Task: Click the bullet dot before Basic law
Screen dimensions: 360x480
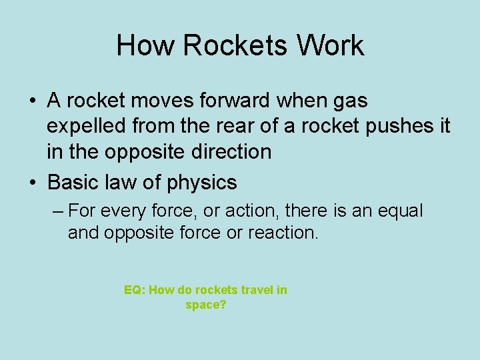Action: [x=33, y=183]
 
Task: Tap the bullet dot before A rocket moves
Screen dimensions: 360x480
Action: [x=33, y=101]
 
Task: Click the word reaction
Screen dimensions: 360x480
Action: [x=284, y=233]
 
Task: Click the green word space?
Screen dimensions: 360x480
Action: [x=206, y=305]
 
